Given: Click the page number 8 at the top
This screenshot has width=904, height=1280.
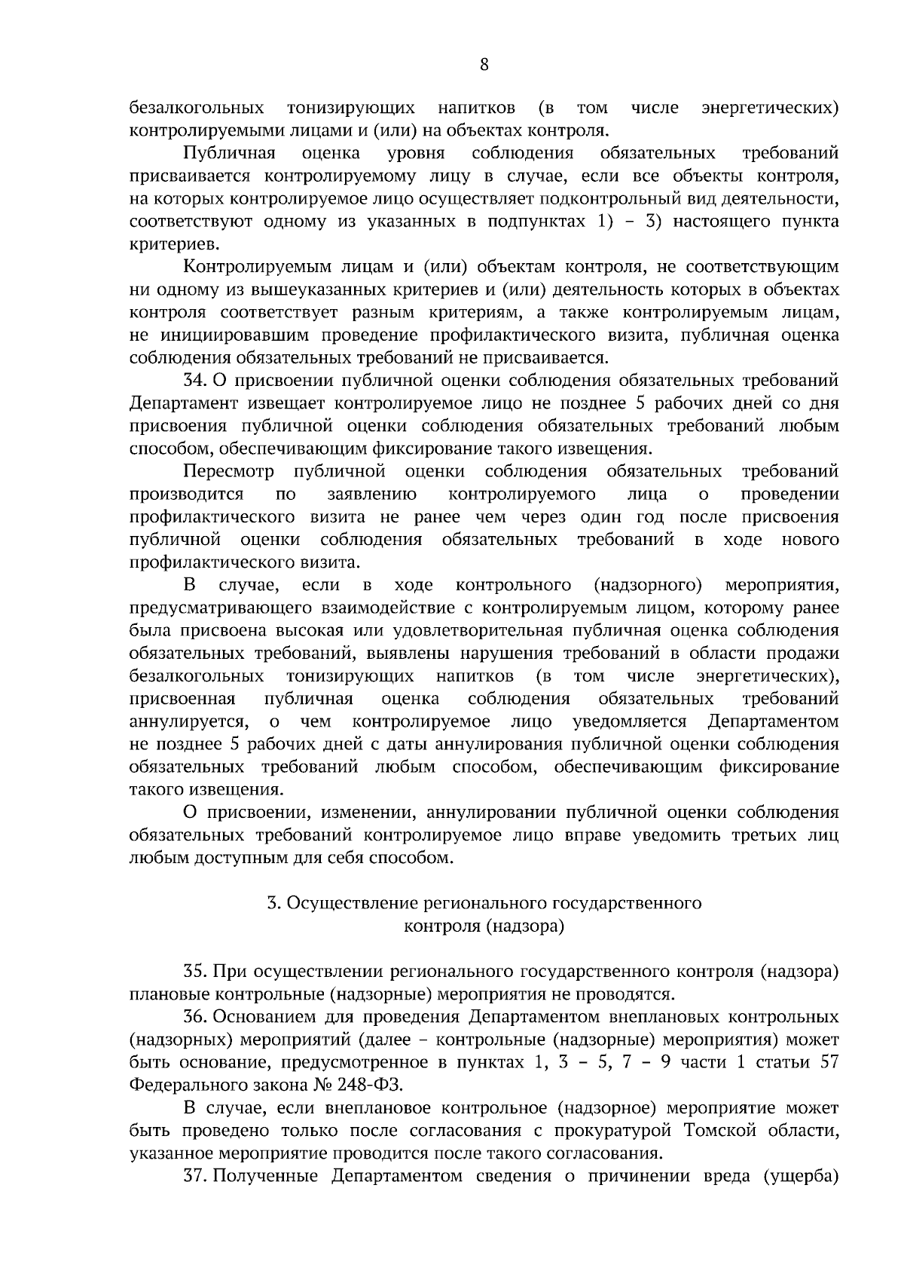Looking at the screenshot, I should point(484,65).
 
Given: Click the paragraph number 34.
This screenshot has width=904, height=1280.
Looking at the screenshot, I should point(195,381).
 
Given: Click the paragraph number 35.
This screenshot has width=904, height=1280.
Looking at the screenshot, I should point(195,972).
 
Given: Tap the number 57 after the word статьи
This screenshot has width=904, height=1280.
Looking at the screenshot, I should point(828,1062).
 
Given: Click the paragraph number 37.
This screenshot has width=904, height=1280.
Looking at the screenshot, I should point(195,1176).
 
